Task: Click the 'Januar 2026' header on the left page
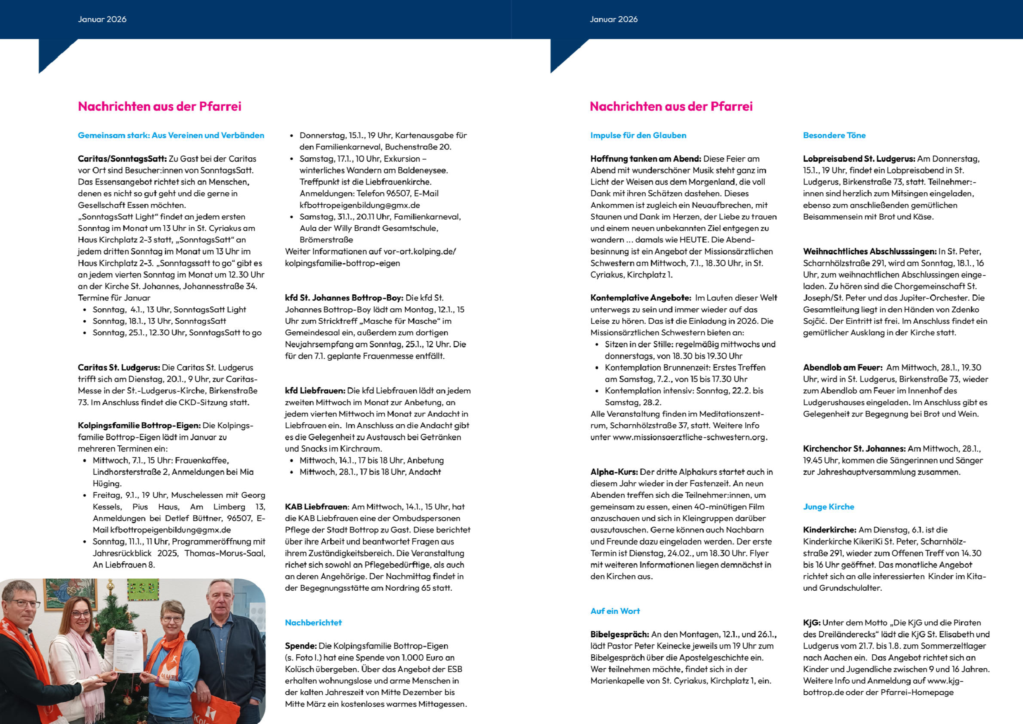click(x=102, y=19)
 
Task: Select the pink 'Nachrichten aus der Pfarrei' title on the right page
click(x=671, y=106)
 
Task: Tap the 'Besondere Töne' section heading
click(x=834, y=135)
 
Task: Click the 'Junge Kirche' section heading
click(x=828, y=506)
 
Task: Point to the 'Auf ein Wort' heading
click(x=615, y=611)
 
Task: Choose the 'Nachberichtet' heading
click(x=313, y=622)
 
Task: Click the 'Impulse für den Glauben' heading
click(x=638, y=135)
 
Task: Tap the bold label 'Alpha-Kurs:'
click(x=614, y=472)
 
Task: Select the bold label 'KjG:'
click(x=811, y=622)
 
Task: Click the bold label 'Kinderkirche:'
click(x=829, y=530)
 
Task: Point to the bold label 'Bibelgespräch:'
click(x=619, y=634)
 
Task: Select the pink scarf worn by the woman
click(x=85, y=660)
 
